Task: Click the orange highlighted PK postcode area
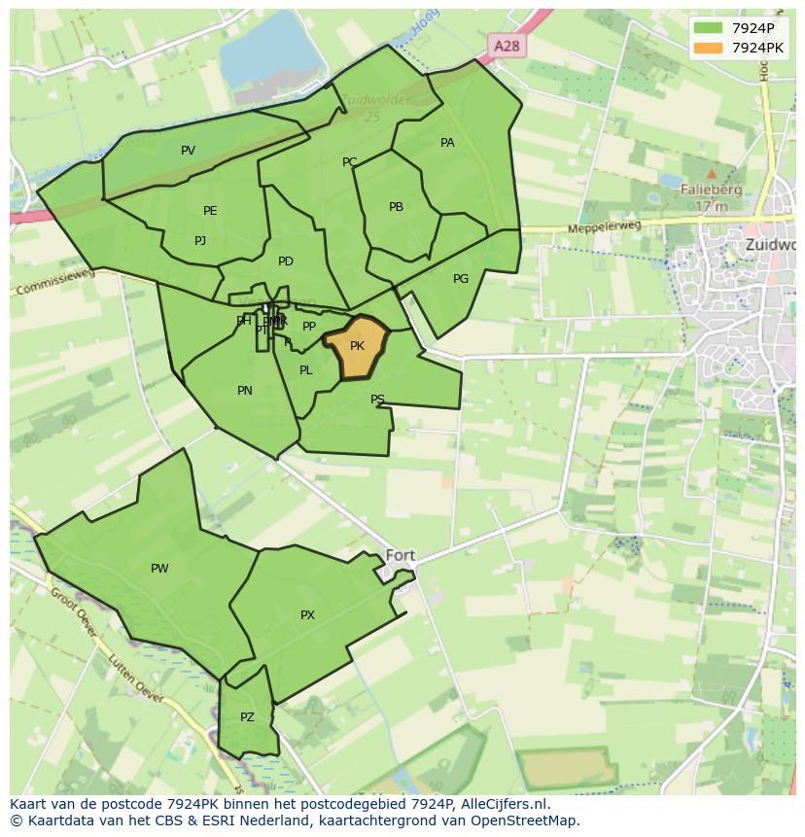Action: [x=357, y=347]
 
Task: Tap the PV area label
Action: [x=188, y=150]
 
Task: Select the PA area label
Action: [x=447, y=143]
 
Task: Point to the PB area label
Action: [x=396, y=207]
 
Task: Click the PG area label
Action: [x=461, y=279]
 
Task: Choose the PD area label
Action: [x=285, y=262]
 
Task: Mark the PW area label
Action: [x=159, y=569]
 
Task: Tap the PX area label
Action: [x=307, y=615]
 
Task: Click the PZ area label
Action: [x=247, y=717]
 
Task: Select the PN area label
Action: [x=245, y=391]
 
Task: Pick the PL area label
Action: [x=306, y=370]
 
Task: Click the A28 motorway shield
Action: [x=506, y=46]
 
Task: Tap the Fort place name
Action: [x=400, y=555]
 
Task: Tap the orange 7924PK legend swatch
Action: [x=708, y=47]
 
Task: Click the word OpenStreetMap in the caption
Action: [x=524, y=820]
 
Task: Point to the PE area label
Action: [x=210, y=211]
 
